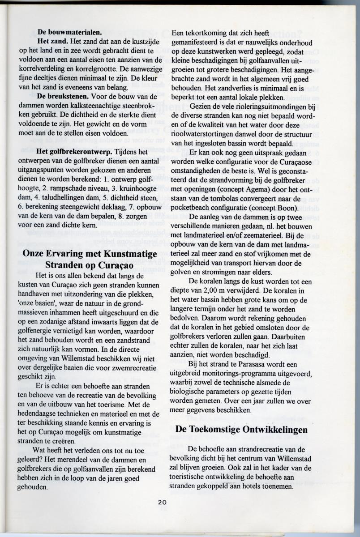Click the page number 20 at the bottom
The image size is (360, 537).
(162, 502)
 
